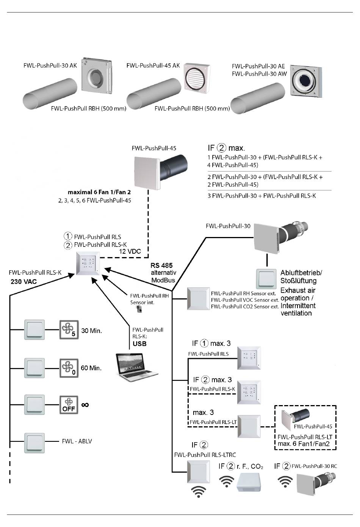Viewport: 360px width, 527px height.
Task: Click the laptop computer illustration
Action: coord(136,367)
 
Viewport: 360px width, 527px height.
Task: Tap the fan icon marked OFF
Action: coord(69,405)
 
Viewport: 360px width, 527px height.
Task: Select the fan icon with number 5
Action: coord(69,329)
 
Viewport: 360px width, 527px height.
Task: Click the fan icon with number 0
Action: coord(69,368)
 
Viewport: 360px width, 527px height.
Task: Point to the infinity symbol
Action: coord(85,405)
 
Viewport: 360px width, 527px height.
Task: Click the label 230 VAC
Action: coord(24,282)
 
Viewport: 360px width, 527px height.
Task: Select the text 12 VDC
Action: coord(130,251)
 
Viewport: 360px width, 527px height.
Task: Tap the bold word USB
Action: coord(139,344)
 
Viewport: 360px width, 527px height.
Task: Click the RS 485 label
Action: coord(161,265)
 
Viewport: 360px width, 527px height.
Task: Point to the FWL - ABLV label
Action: coord(77,441)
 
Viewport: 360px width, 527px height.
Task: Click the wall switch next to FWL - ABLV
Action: coord(34,443)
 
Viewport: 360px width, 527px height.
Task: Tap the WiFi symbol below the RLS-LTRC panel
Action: coord(199,492)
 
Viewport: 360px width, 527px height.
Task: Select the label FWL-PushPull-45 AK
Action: coord(153,65)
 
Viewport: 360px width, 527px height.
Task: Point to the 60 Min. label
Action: coord(91,368)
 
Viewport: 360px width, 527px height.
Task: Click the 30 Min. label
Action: coord(91,331)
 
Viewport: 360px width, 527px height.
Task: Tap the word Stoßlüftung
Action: coord(298,281)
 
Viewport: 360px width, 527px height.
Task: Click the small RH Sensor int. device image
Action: coord(139,310)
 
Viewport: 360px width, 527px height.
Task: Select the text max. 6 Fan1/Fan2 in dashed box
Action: coord(304,444)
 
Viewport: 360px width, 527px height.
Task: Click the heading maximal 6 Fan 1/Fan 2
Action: coord(99,192)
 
